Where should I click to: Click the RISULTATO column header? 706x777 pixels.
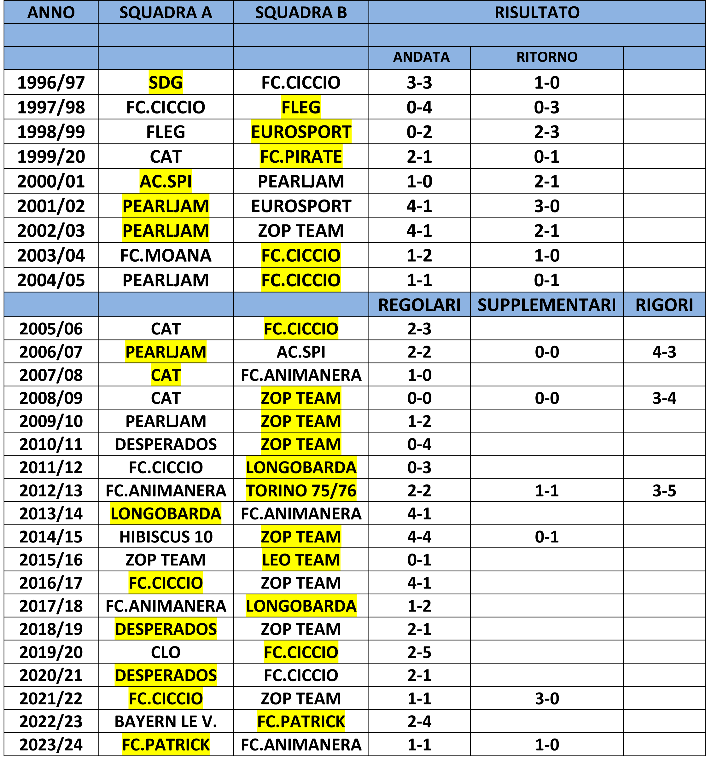point(537,13)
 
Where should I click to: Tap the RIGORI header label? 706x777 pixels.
point(664,305)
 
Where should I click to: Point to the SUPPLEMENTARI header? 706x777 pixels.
point(547,305)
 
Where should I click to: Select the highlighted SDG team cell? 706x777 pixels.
point(166,83)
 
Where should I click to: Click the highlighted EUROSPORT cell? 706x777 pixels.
point(301,132)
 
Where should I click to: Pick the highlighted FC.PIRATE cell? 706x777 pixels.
point(301,156)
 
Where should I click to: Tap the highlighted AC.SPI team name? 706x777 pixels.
point(166,181)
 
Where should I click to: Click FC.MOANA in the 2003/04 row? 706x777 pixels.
point(166,255)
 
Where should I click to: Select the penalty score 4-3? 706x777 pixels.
point(664,352)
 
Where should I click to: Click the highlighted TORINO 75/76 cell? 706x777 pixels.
point(301,491)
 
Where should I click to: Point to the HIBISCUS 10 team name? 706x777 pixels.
point(166,537)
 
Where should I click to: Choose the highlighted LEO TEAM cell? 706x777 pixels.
point(301,560)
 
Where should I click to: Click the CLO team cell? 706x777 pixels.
point(166,652)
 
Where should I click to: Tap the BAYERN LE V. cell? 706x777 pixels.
point(166,722)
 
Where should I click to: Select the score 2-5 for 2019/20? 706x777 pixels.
point(419,652)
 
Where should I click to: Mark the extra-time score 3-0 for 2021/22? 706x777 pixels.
point(547,699)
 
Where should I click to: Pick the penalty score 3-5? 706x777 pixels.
point(664,491)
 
